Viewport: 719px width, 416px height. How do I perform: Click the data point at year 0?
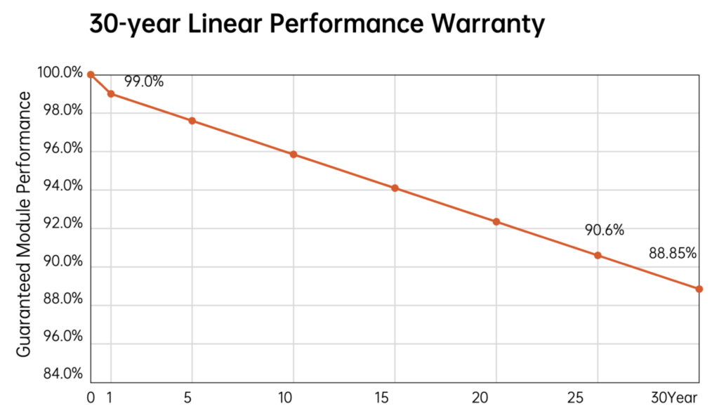(91, 74)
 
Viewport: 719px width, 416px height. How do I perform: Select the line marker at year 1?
(111, 93)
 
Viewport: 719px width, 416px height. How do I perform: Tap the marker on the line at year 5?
(192, 121)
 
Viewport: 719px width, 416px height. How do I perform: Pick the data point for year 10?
(293, 155)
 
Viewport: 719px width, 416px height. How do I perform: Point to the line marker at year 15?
(395, 188)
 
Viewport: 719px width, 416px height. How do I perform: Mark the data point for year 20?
(496, 222)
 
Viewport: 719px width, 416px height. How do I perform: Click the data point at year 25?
(598, 255)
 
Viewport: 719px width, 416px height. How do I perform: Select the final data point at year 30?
(699, 289)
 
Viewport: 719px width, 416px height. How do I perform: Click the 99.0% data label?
(144, 82)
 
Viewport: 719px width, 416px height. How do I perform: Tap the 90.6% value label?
(605, 230)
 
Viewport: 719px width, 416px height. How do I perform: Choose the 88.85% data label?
(673, 253)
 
